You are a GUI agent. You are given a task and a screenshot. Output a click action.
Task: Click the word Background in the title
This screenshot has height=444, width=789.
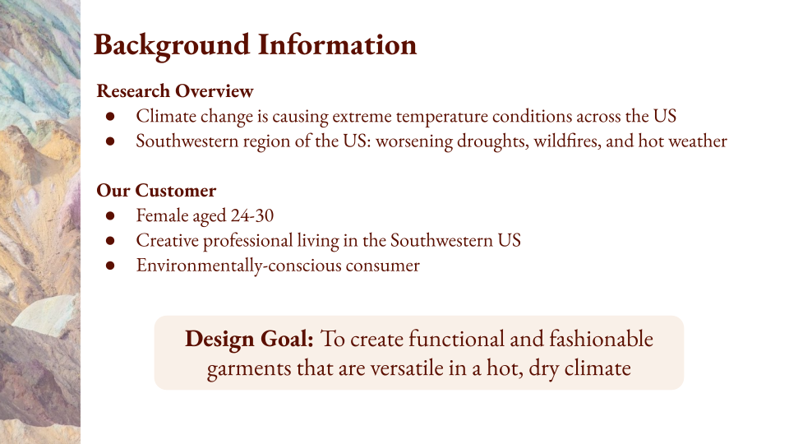click(x=172, y=44)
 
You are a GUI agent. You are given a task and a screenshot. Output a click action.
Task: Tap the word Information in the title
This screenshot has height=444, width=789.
click(x=338, y=44)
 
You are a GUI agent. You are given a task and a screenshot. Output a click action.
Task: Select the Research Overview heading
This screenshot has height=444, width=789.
click(x=174, y=90)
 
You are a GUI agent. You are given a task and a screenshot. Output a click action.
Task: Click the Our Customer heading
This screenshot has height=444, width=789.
click(x=156, y=191)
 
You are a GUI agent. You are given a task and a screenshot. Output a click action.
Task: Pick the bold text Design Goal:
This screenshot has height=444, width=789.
click(x=249, y=339)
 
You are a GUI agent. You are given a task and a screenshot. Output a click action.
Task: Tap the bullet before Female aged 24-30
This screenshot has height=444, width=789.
click(x=111, y=217)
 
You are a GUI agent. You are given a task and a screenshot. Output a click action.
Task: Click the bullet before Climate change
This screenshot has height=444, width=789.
click(x=111, y=117)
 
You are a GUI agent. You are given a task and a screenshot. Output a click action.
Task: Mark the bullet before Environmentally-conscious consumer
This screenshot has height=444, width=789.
click(x=111, y=266)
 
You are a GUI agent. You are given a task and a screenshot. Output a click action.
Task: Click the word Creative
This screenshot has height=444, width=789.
click(x=167, y=241)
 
